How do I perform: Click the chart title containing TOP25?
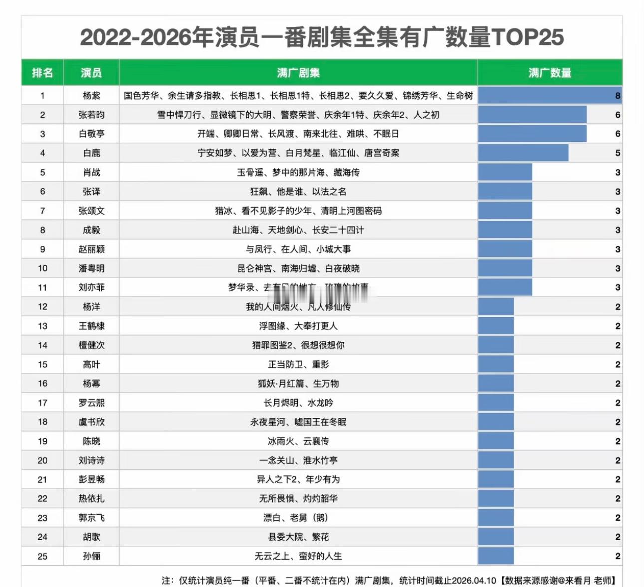[x=322, y=37]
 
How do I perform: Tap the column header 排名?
[x=42, y=73]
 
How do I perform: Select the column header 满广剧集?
[x=298, y=73]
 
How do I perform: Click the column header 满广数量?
[x=550, y=73]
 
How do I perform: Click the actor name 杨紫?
[x=91, y=96]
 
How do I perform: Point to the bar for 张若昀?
[x=532, y=115]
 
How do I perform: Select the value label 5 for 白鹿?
[x=618, y=153]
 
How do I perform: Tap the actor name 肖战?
[x=91, y=172]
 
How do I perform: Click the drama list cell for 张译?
[x=298, y=192]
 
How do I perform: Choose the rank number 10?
[x=42, y=268]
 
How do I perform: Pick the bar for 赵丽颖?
[x=505, y=249]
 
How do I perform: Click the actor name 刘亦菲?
[x=91, y=288]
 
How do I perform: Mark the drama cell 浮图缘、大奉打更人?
[x=298, y=326]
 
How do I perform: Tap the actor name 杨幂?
[x=91, y=384]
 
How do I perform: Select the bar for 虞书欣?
[x=496, y=422]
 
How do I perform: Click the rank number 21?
[x=42, y=480]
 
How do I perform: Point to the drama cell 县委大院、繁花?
[x=298, y=537]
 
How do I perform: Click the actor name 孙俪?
[x=91, y=556]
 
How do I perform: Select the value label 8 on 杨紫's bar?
[x=618, y=96]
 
